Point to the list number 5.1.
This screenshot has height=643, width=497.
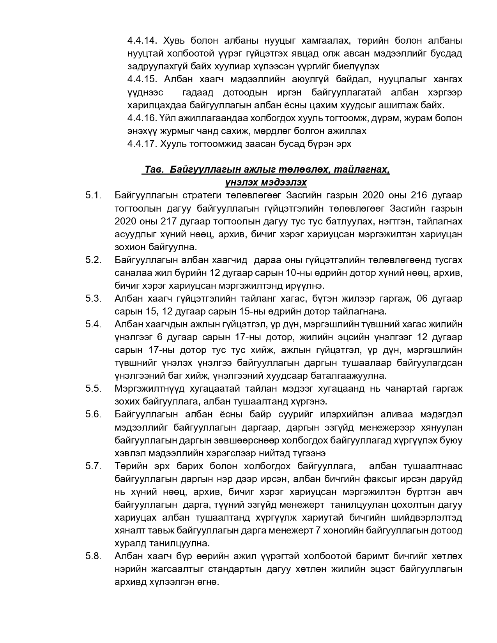pos(93,195)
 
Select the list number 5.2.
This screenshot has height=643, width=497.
pos(93,260)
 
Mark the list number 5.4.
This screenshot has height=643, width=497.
pos(93,324)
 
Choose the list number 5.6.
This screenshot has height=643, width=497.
pos(93,414)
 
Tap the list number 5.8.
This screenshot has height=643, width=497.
pos(93,556)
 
